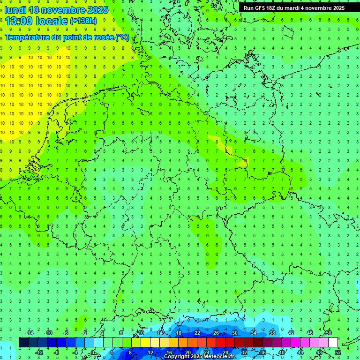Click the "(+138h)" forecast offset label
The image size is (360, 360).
pos(83,21)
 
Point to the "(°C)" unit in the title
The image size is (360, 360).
pos(122,37)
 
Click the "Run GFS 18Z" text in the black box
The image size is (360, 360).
pos(262,8)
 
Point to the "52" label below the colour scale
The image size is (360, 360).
pos(338,352)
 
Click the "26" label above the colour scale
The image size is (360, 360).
pos(216,333)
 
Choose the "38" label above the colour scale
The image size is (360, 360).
pos(272,333)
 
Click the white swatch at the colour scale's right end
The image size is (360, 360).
pos(333,343)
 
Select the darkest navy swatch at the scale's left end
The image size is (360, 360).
pos(23,343)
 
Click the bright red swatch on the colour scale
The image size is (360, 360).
pos(220,343)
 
